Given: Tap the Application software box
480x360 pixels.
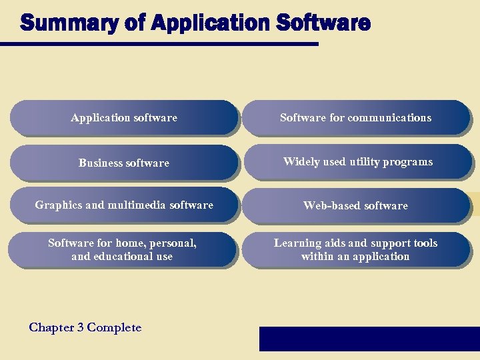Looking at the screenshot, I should pos(124,118).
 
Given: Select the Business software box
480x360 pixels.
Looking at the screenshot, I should pos(124,163).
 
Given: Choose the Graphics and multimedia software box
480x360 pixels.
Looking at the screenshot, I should pos(124,205).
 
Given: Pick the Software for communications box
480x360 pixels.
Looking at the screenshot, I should pos(355,118).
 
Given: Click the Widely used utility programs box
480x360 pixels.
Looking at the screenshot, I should pos(357,162).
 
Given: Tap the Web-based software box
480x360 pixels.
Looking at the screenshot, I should pos(355,205).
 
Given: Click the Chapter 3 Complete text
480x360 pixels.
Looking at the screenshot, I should pos(85,327).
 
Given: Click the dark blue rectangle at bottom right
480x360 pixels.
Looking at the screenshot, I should pos(369,339).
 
